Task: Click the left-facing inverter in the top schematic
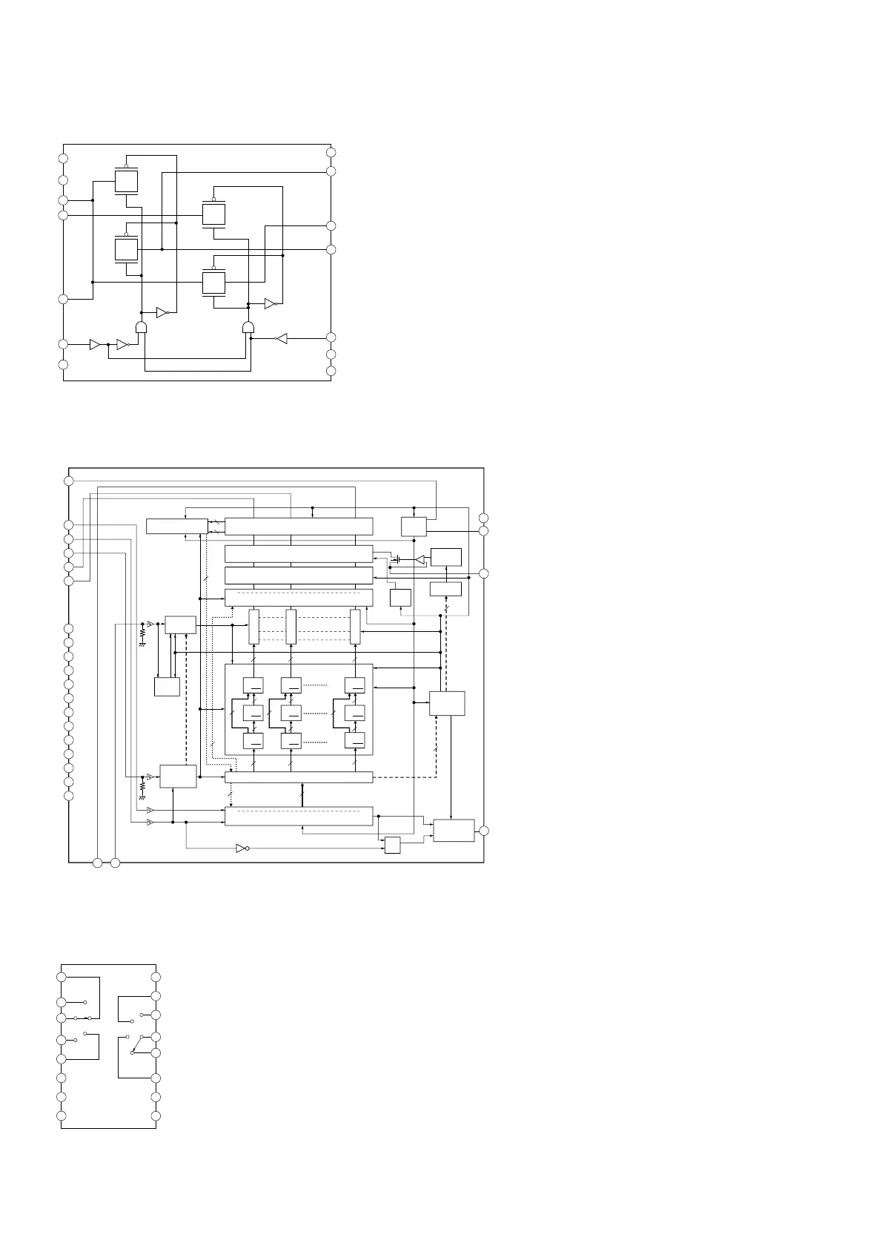pyautogui.click(x=280, y=339)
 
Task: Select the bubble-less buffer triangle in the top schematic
pyautogui.click(x=95, y=344)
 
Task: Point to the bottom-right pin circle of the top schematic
pyautogui.click(x=331, y=370)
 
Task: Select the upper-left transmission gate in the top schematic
pyautogui.click(x=127, y=181)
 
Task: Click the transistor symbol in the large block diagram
pyautogui.click(x=398, y=559)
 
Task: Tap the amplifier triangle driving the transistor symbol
pyautogui.click(x=420, y=559)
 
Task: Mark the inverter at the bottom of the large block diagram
pyautogui.click(x=242, y=848)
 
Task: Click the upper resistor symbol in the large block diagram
pyautogui.click(x=142, y=635)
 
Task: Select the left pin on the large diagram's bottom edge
pyautogui.click(x=98, y=863)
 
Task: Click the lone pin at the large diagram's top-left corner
pyautogui.click(x=69, y=481)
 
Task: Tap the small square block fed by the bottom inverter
pyautogui.click(x=392, y=845)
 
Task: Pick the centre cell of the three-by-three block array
pyautogui.click(x=291, y=713)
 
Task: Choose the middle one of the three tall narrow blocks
pyautogui.click(x=291, y=627)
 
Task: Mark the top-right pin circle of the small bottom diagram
pyautogui.click(x=156, y=977)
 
